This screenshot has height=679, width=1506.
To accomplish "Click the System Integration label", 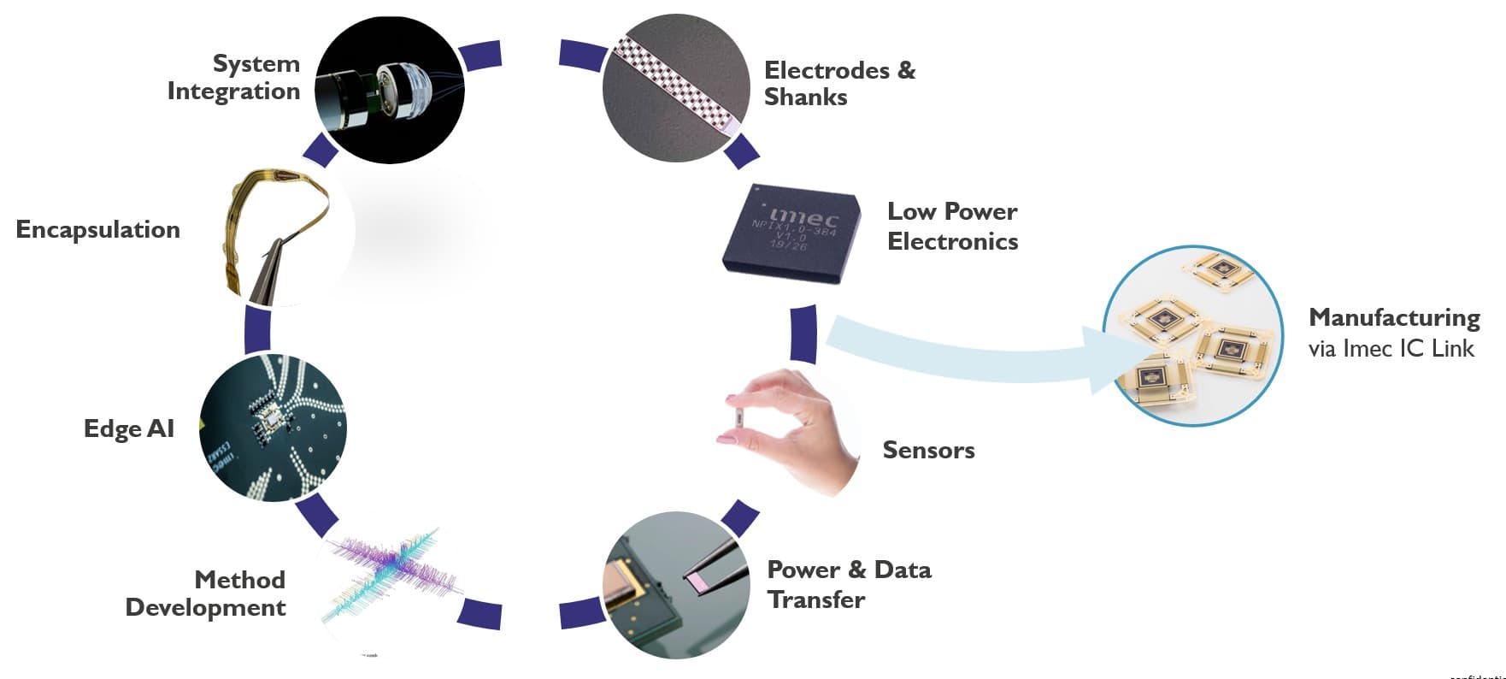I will click(x=233, y=77).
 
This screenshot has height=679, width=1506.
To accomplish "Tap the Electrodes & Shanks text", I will click(x=838, y=83).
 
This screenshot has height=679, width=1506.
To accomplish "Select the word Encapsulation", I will click(x=98, y=229).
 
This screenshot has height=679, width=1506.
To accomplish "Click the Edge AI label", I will click(x=129, y=428).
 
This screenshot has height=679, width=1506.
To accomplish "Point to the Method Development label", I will click(x=206, y=593).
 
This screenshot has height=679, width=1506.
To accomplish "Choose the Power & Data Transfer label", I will click(x=848, y=584).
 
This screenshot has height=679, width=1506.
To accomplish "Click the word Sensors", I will click(x=928, y=450).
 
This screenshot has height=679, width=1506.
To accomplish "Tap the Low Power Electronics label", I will click(x=952, y=226).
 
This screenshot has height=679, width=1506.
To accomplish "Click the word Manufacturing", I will click(x=1394, y=317).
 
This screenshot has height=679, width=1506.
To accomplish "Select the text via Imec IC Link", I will click(x=1391, y=348).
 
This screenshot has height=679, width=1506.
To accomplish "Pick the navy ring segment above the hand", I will click(x=803, y=334).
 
